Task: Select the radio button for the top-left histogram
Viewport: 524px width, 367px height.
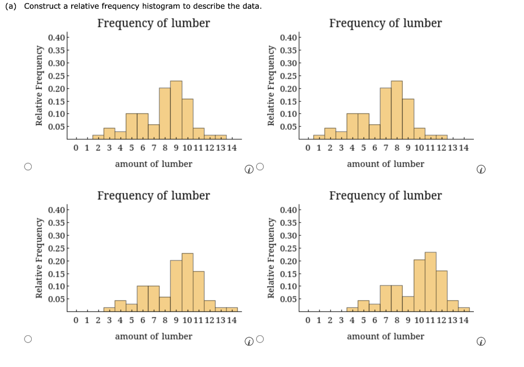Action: pyautogui.click(x=28, y=166)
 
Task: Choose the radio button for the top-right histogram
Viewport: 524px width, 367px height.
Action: pyautogui.click(x=260, y=166)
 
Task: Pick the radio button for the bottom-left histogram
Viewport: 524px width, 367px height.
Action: pyautogui.click(x=28, y=339)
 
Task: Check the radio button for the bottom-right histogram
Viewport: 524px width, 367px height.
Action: pyautogui.click(x=260, y=339)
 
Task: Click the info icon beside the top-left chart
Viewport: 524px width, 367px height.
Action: pyautogui.click(x=249, y=170)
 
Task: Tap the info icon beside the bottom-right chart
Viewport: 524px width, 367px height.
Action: pyautogui.click(x=481, y=342)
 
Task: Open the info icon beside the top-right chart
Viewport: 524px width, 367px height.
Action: pyautogui.click(x=481, y=170)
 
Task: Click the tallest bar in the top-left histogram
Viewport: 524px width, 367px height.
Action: pyautogui.click(x=176, y=110)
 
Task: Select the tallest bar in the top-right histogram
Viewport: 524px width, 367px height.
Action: pyautogui.click(x=397, y=110)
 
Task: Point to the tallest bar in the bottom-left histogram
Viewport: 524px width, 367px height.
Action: pyautogui.click(x=187, y=282)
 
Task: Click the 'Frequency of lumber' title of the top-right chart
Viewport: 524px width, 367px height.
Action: pyautogui.click(x=385, y=24)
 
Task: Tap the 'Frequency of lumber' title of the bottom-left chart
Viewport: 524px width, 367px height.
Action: pyautogui.click(x=154, y=196)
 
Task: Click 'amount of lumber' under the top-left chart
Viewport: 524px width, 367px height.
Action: pyautogui.click(x=154, y=164)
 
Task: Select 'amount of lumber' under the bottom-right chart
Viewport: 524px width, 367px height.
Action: pyautogui.click(x=385, y=336)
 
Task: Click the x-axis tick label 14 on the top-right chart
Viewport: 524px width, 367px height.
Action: pyautogui.click(x=464, y=148)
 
